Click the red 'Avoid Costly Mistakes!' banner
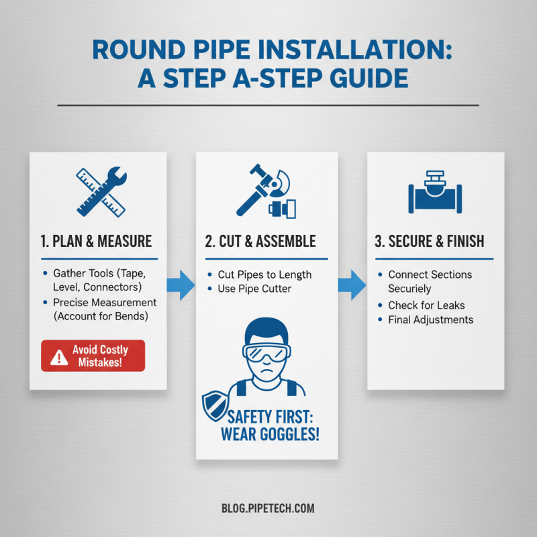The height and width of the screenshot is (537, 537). (93, 356)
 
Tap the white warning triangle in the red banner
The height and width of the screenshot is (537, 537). (59, 356)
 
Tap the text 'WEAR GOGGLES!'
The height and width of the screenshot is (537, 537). (270, 434)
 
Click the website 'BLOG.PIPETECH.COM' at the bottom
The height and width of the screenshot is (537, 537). (267, 508)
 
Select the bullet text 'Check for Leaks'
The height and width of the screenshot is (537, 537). (426, 305)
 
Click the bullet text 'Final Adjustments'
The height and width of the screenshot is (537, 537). (430, 320)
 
